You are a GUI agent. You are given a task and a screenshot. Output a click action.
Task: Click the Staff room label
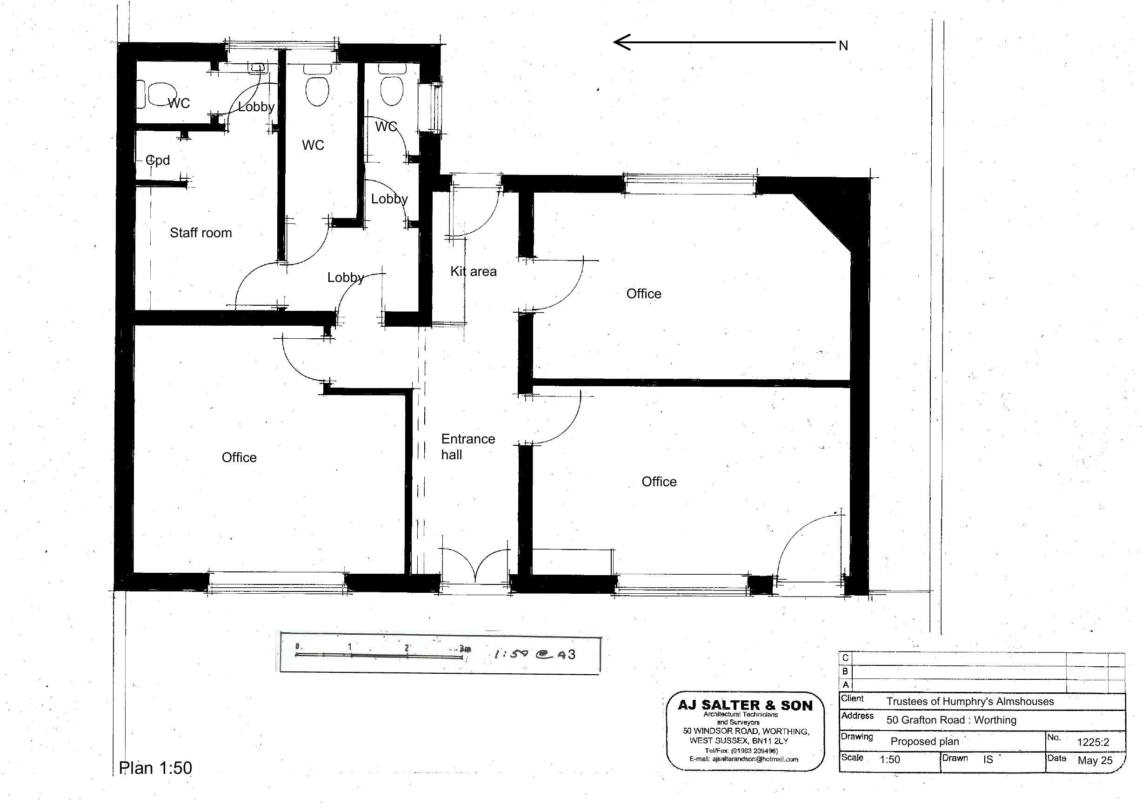[x=200, y=233]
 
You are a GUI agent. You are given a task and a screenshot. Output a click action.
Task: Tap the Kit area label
[x=473, y=272]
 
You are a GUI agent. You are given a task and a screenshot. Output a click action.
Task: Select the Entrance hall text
[x=467, y=446]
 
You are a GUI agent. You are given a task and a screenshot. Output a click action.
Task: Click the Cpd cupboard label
[x=158, y=160]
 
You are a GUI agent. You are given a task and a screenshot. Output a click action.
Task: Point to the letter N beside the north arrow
[x=843, y=46]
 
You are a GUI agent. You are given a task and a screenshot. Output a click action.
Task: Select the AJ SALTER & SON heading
[x=745, y=705]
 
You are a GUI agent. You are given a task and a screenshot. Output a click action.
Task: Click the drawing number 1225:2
[x=1093, y=742]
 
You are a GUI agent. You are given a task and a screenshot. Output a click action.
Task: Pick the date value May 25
[x=1095, y=760]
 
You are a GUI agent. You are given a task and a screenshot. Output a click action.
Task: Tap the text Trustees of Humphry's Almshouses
[x=970, y=702]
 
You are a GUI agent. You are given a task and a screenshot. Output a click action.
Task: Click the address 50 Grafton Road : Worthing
[x=951, y=720]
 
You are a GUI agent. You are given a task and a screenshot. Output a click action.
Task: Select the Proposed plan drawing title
[x=925, y=741]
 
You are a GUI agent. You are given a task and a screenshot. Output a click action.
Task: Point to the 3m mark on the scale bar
[x=464, y=649]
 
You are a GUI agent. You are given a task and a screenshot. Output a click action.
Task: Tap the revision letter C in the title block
[x=845, y=658]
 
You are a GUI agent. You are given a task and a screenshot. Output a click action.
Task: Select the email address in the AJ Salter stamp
[x=744, y=759]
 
